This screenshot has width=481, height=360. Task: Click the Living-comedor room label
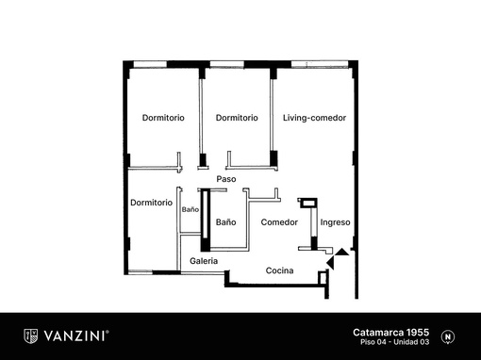tap(314, 118)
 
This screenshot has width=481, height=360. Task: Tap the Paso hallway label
tap(226, 179)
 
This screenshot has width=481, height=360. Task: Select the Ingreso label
tap(335, 222)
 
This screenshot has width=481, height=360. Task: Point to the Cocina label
tap(279, 270)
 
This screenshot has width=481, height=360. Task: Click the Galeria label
tap(204, 261)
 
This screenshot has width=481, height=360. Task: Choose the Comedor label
tap(279, 222)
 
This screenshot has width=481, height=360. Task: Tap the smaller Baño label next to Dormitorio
tap(191, 209)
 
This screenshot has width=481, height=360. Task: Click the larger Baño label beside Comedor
tap(225, 222)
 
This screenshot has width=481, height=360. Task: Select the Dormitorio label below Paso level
tap(151, 203)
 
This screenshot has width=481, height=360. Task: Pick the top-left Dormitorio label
tap(163, 118)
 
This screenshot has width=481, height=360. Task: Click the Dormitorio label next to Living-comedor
tap(237, 118)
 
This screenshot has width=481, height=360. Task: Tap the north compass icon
tap(448, 336)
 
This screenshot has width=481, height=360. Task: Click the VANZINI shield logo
tap(31, 336)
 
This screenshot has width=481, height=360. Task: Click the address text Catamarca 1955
tap(390, 333)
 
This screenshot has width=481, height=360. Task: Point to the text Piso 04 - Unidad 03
tap(394, 342)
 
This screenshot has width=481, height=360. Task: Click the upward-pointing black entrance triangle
tap(341, 252)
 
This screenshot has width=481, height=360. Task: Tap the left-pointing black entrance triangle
tap(330, 262)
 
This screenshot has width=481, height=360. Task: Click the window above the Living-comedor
tap(320, 64)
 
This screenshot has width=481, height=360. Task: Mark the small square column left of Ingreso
tap(307, 203)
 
